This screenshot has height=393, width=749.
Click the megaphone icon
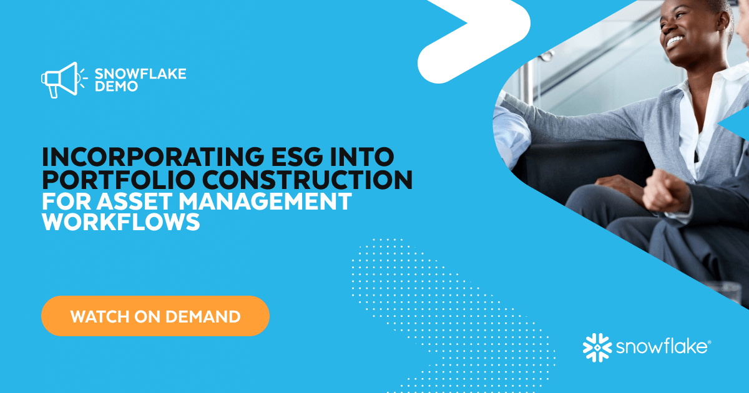click(59, 79)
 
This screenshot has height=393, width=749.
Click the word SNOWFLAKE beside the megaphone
click(140, 74)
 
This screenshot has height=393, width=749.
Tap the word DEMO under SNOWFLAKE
click(116, 87)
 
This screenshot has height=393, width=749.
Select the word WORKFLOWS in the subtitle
click(121, 223)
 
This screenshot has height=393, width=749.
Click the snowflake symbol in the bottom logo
click(595, 347)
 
